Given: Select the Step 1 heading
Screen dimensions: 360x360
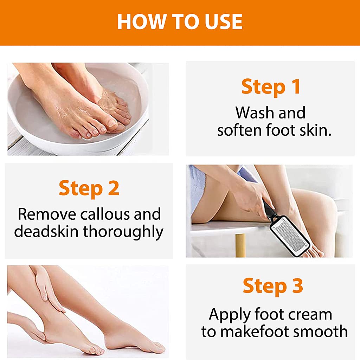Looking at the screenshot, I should tap(271, 87).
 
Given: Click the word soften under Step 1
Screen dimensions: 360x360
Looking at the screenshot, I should tap(239, 130).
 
